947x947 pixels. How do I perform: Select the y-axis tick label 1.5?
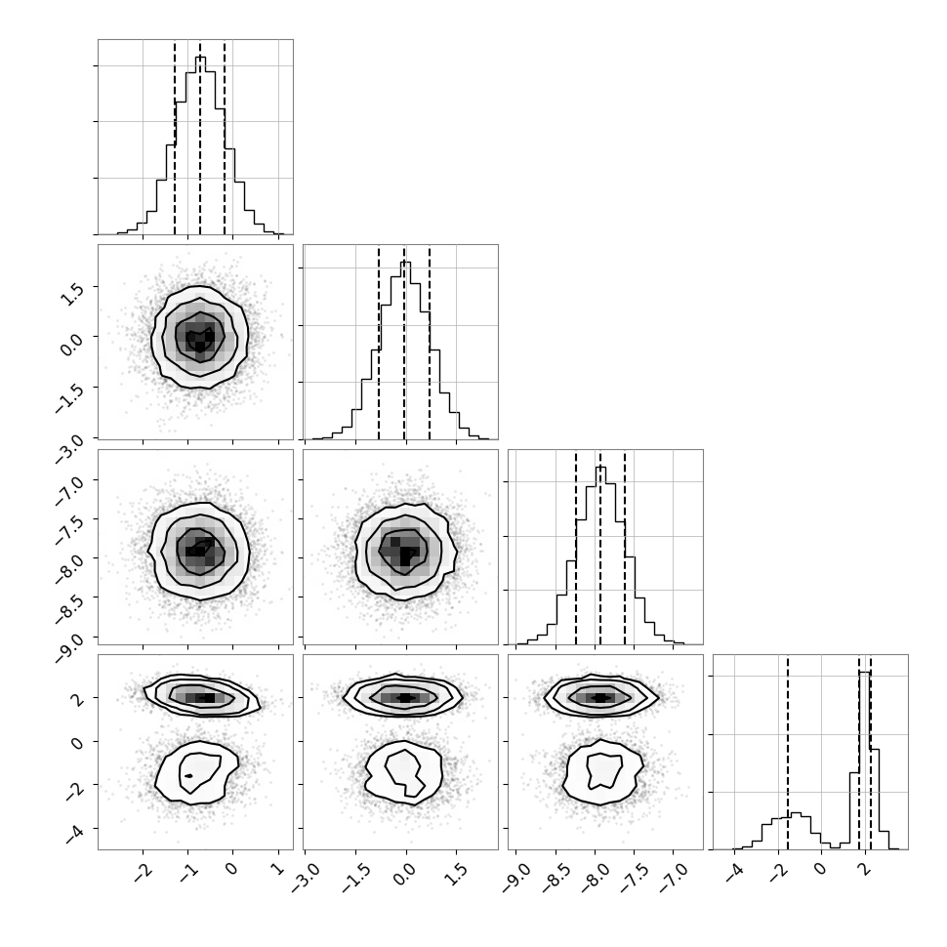coord(72,294)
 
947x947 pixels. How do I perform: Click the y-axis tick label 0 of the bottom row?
coord(77,742)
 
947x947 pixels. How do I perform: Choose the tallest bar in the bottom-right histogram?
coord(865,761)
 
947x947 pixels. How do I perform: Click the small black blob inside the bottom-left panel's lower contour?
coord(189,775)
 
